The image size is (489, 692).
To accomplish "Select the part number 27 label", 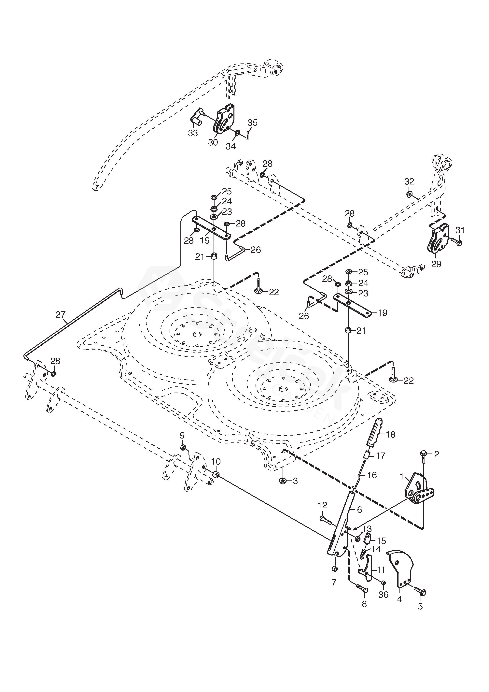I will [60, 315].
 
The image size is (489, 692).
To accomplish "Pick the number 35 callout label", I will [252, 123].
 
